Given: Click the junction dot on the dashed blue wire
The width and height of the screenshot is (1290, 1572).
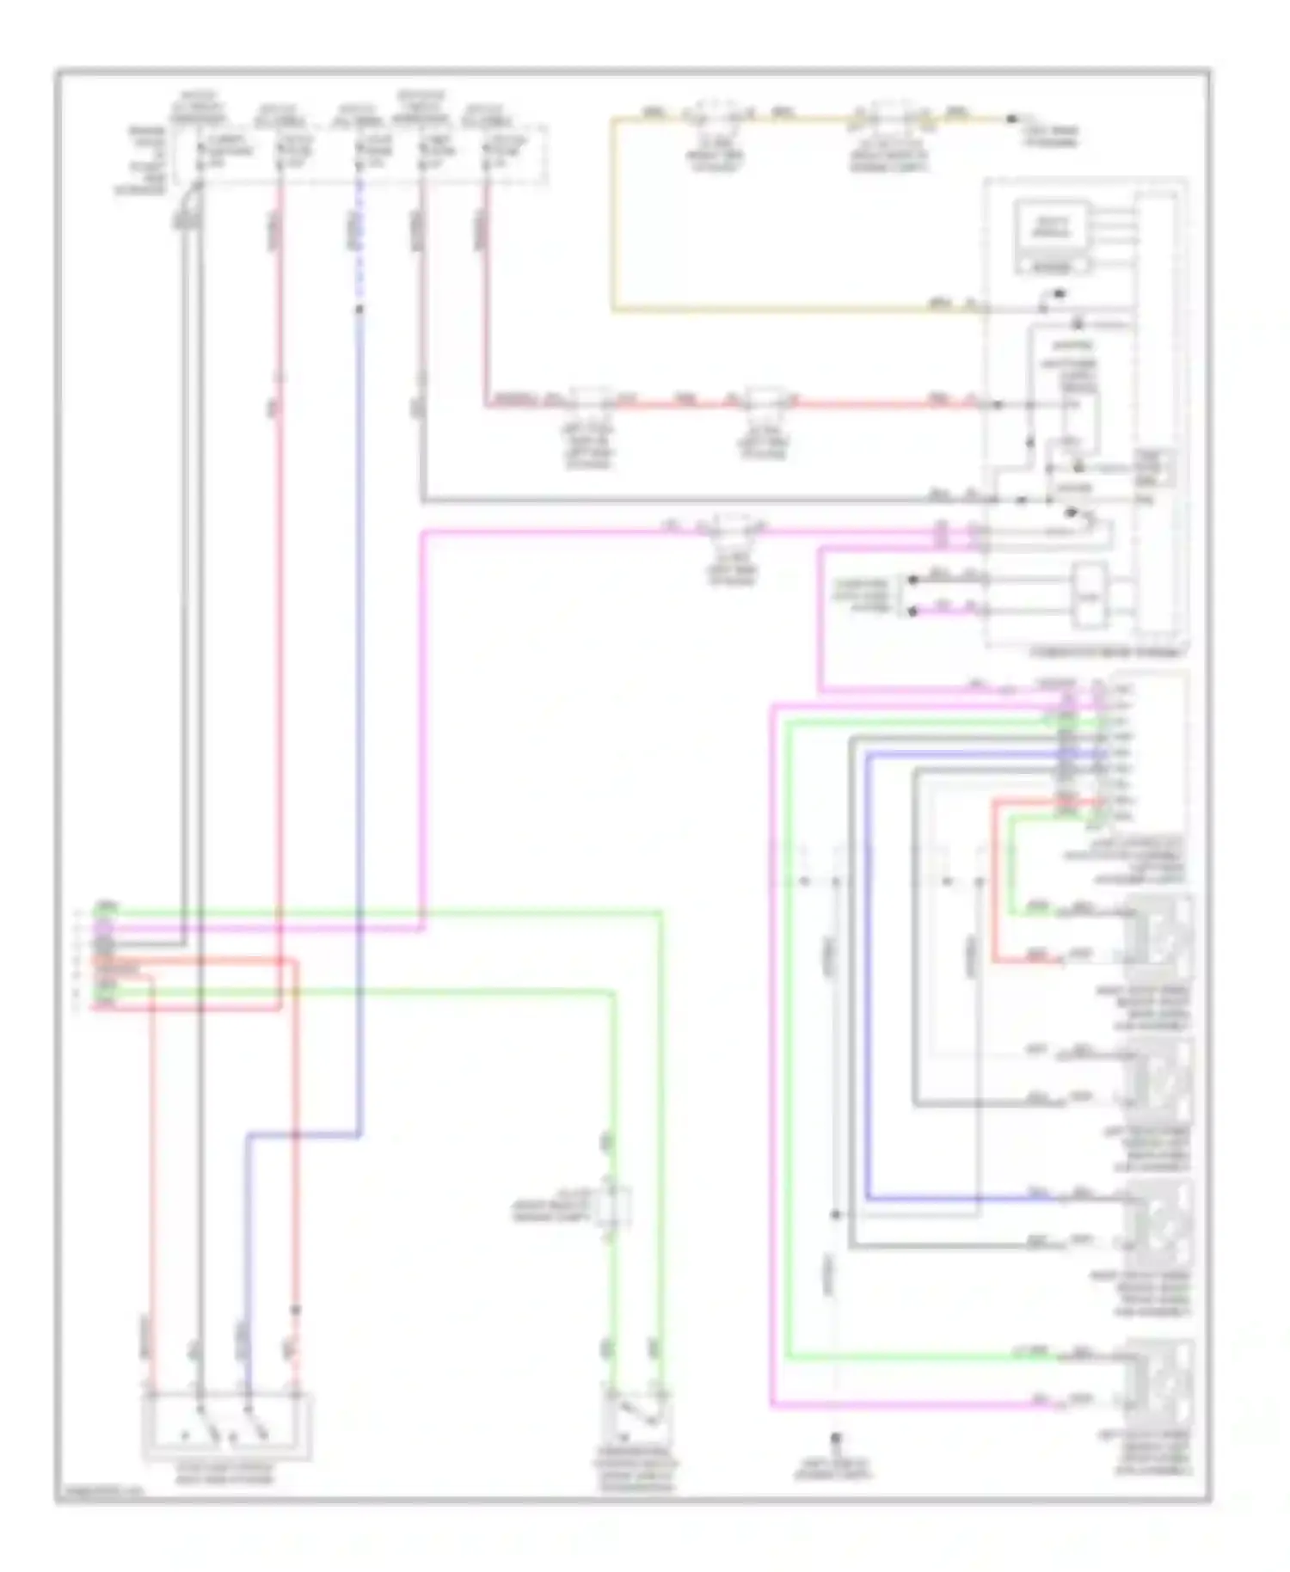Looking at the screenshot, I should pyautogui.click(x=359, y=309).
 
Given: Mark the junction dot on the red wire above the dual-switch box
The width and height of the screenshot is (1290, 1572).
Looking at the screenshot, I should pyautogui.click(x=296, y=1311).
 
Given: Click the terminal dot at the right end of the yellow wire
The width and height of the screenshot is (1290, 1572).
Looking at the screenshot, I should pyautogui.click(x=1012, y=118).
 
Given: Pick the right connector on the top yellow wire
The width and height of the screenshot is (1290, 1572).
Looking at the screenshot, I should pyautogui.click(x=889, y=115).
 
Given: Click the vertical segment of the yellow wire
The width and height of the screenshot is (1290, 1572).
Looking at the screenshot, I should pyautogui.click(x=613, y=215).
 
